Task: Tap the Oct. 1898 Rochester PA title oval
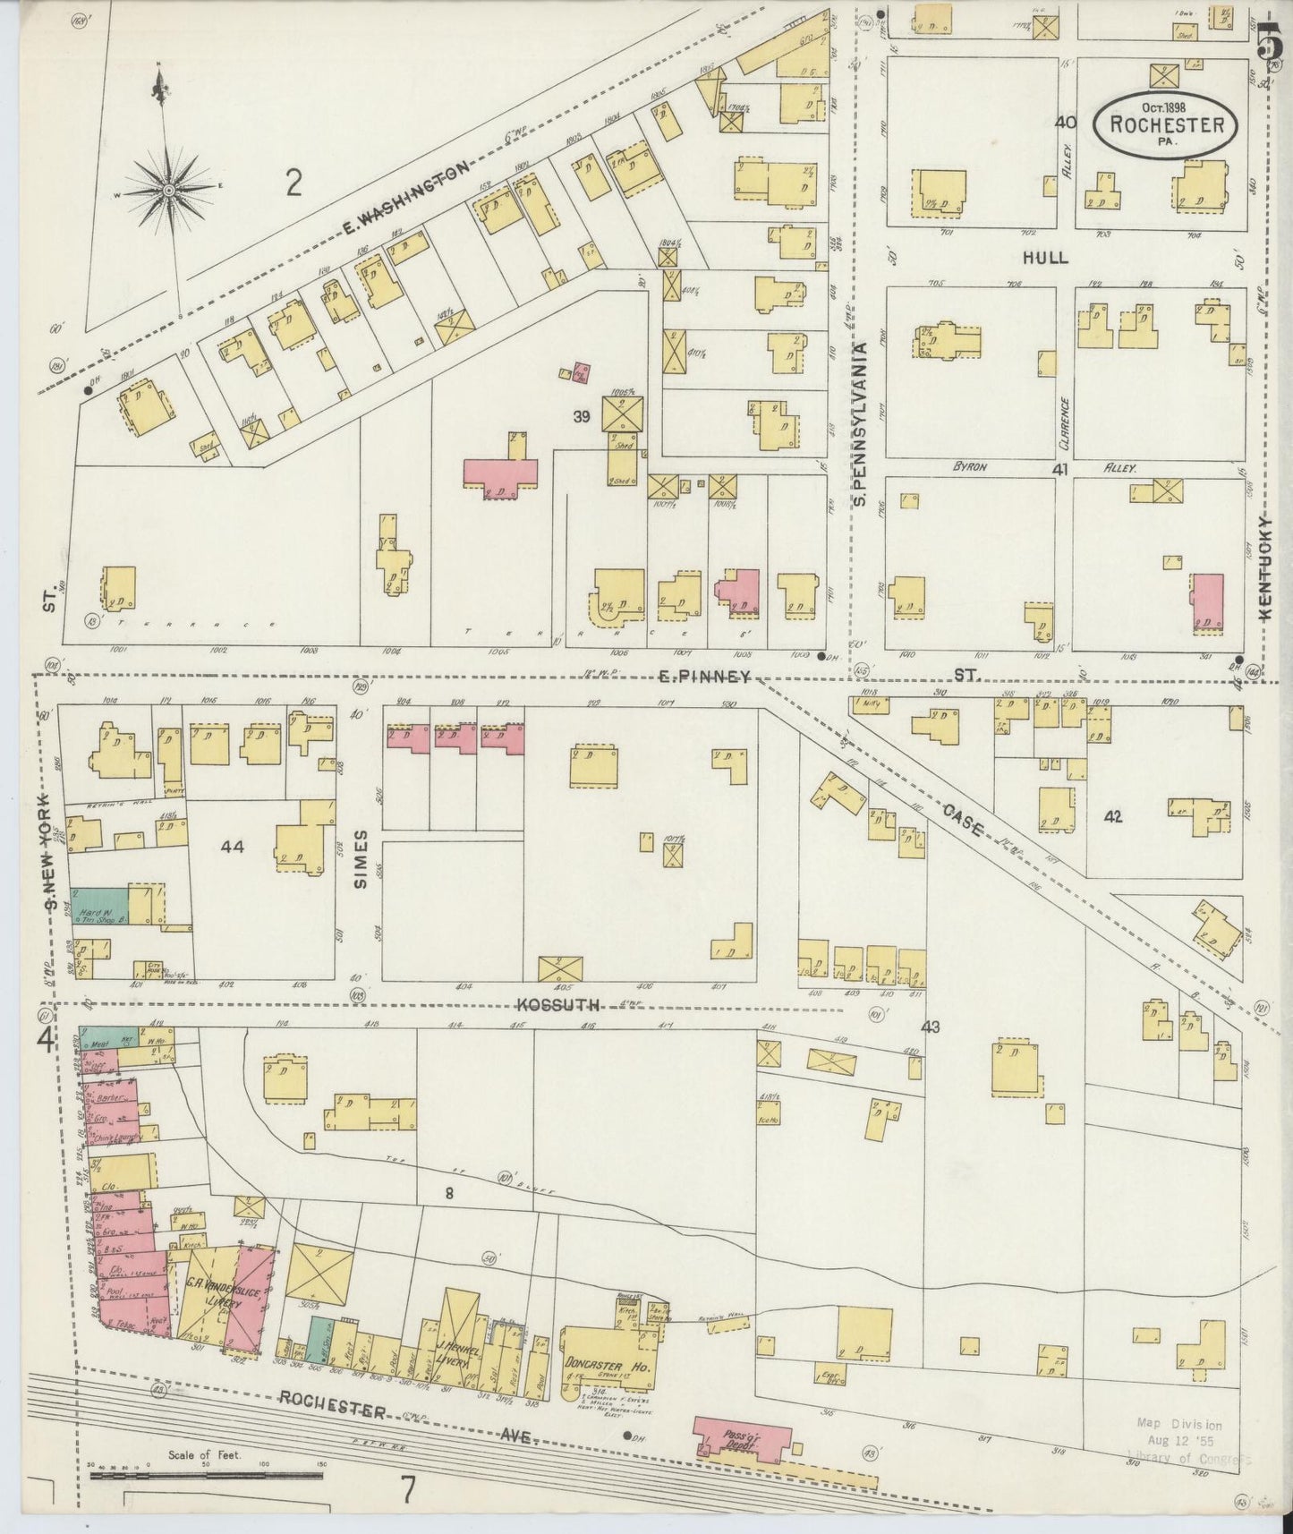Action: tap(1167, 126)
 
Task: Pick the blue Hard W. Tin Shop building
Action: tap(99, 907)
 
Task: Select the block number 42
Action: tap(1112, 816)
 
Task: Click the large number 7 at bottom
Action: tap(408, 1491)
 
